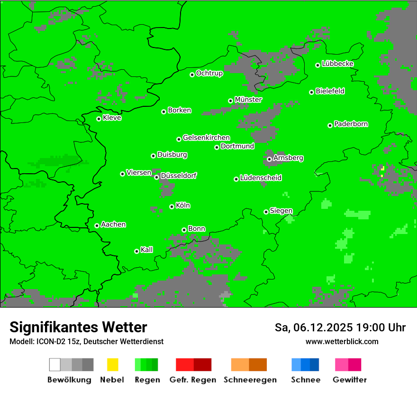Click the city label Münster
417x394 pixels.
248,100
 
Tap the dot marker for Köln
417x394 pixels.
172,206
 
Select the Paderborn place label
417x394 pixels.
351,124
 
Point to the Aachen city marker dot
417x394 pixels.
97,225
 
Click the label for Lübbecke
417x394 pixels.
337,64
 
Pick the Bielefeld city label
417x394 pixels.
330,91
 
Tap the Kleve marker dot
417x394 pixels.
99,119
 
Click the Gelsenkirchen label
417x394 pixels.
206,138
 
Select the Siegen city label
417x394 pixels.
281,211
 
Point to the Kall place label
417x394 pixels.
146,250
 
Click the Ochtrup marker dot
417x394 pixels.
192,75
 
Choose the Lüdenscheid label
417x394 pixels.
261,178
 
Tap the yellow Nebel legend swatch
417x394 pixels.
112,365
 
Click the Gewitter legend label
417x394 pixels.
349,380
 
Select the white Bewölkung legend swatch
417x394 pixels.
55,365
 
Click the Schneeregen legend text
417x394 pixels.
250,380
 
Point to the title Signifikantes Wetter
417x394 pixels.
78,327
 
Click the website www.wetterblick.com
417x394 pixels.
342,341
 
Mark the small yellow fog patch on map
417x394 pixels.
382,169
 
